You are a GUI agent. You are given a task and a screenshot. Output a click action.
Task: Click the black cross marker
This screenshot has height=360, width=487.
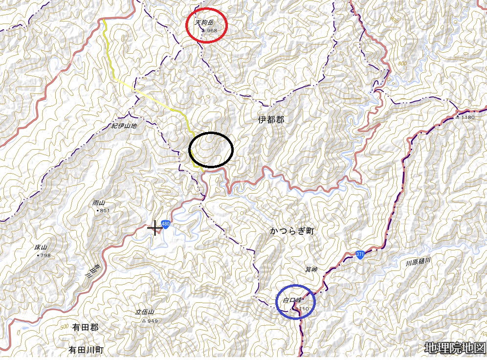[155, 227]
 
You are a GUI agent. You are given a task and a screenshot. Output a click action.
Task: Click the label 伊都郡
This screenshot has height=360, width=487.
[271, 119]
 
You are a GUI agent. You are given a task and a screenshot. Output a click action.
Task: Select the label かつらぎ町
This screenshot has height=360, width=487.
[291, 231]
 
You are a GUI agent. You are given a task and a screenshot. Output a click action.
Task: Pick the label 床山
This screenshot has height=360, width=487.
[41, 248]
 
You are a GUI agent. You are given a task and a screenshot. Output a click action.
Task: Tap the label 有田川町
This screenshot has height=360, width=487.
[87, 350]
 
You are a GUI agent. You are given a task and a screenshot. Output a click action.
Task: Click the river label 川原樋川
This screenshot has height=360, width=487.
[418, 263]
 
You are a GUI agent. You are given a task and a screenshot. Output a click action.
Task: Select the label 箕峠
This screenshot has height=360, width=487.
[311, 269]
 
